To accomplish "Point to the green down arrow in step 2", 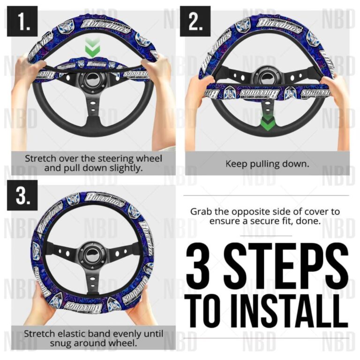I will pyautogui.click(x=266, y=122).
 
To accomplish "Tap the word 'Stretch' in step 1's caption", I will pyautogui.click(x=40, y=158).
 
